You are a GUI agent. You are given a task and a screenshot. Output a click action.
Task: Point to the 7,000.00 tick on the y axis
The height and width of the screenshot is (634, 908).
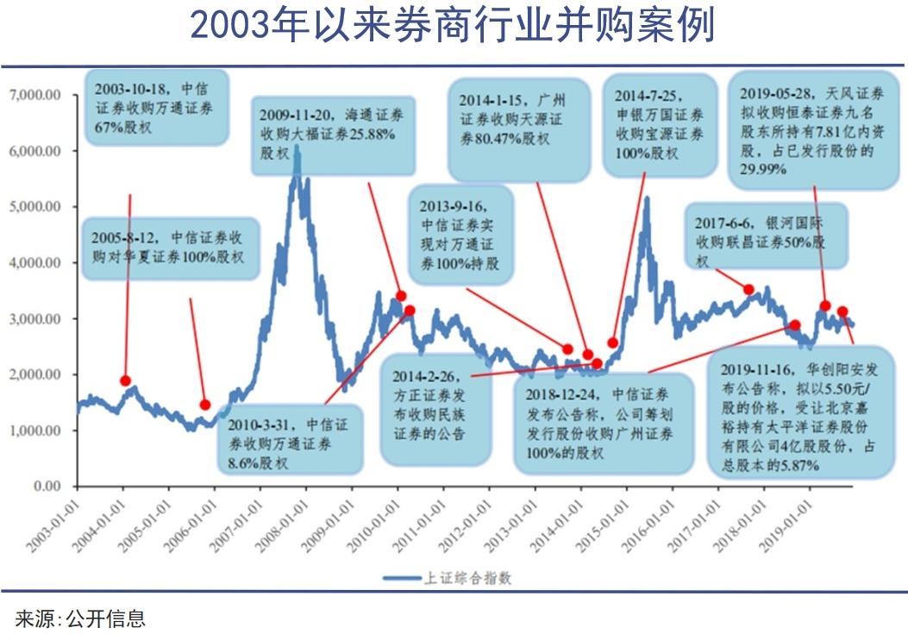coord(34,95)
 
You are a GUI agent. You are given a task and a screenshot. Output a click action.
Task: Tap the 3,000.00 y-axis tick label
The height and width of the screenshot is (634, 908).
coord(34,319)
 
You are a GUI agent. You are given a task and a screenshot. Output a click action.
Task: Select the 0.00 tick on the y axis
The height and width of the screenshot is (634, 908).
coord(47,486)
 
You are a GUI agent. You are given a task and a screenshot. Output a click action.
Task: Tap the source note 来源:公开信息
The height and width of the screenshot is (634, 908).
coord(80,618)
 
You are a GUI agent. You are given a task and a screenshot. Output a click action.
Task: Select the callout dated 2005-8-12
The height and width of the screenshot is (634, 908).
coord(171,248)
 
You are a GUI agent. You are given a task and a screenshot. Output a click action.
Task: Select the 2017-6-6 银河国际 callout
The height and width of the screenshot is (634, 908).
coord(766,240)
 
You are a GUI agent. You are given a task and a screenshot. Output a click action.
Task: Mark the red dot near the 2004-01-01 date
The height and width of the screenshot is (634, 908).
coord(126,380)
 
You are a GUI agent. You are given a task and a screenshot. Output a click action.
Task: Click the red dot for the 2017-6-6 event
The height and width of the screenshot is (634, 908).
coord(748,290)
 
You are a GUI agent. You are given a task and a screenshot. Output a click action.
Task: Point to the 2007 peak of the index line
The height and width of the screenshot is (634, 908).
coord(297,148)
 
